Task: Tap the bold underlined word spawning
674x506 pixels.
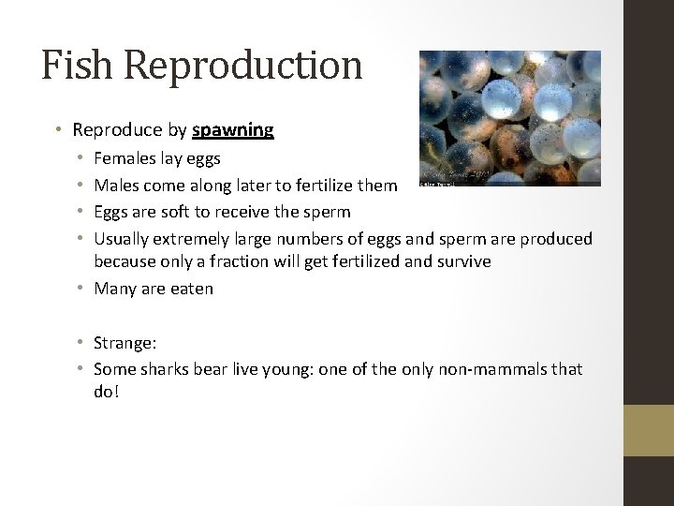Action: [238, 130]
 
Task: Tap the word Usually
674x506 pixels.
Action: [125, 238]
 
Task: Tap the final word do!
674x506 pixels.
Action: [107, 392]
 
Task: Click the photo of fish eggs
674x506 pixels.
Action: [509, 117]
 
